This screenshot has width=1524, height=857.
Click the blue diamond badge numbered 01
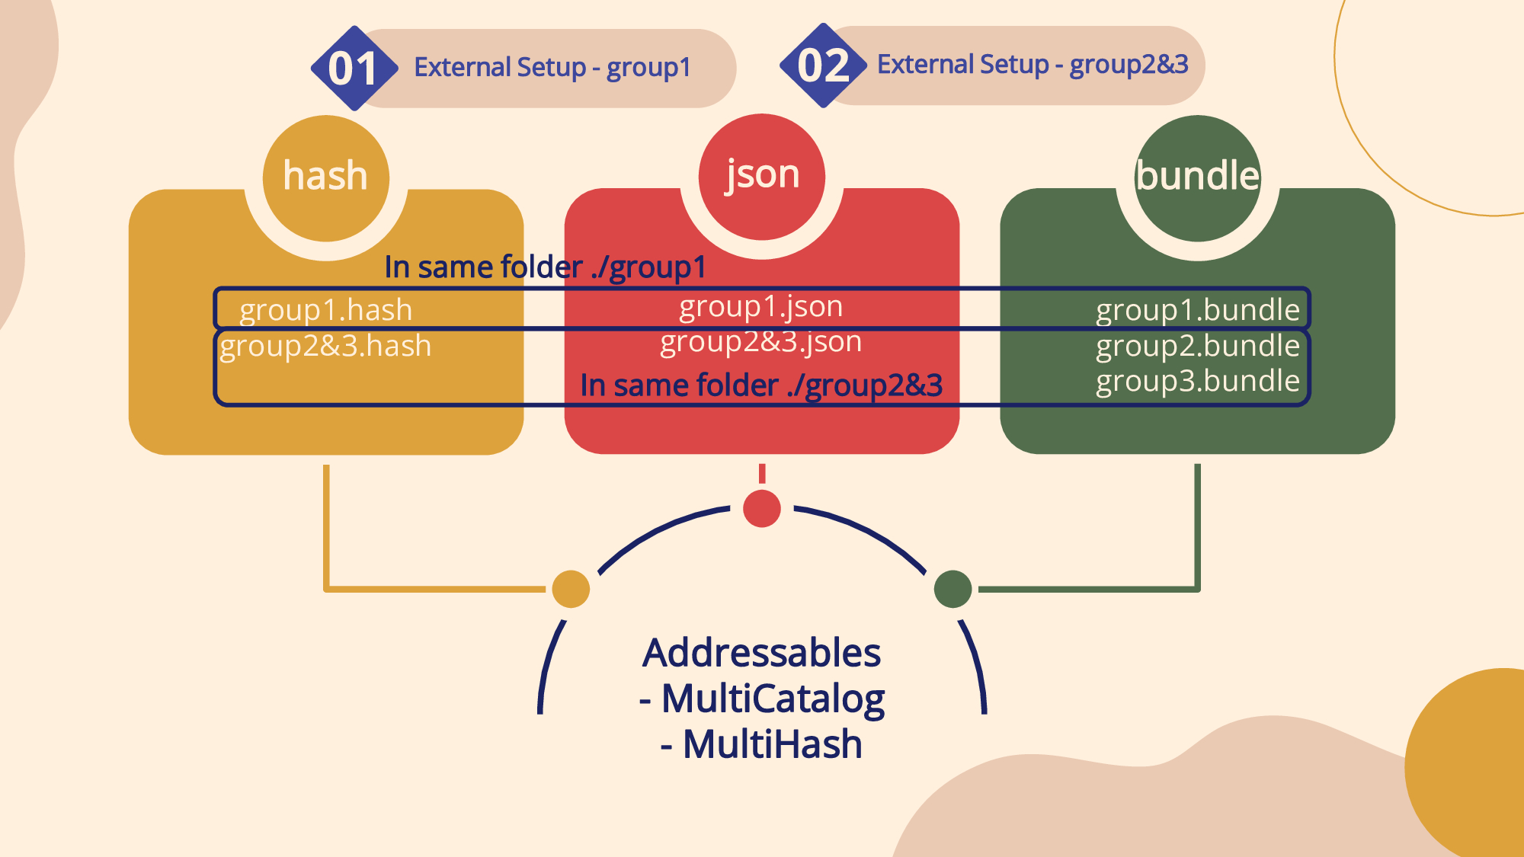click(x=354, y=68)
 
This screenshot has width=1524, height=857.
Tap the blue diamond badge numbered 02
click(x=823, y=66)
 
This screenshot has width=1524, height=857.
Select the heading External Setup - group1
click(x=552, y=68)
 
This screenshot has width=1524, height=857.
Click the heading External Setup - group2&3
click(x=1033, y=65)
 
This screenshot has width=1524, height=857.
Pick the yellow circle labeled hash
click(x=326, y=177)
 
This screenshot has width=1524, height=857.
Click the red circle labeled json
click(x=762, y=176)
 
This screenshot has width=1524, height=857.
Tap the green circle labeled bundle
click(x=1197, y=177)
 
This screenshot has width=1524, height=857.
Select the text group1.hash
click(x=326, y=310)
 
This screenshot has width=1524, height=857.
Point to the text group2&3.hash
click(x=326, y=346)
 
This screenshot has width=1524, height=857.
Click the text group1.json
click(x=761, y=306)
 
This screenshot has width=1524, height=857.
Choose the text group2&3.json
click(x=761, y=342)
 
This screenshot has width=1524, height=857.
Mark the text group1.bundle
click(x=1197, y=310)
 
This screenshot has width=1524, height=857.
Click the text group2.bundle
click(x=1197, y=346)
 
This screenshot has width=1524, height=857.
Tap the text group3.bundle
click(x=1197, y=381)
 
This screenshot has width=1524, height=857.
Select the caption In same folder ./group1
click(x=545, y=267)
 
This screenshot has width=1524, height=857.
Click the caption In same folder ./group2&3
click(x=761, y=385)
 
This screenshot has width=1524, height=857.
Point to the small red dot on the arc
click(x=762, y=509)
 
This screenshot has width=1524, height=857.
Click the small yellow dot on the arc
click(x=571, y=589)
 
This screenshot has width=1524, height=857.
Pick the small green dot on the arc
click(x=952, y=589)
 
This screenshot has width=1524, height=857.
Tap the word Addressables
click(x=761, y=653)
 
